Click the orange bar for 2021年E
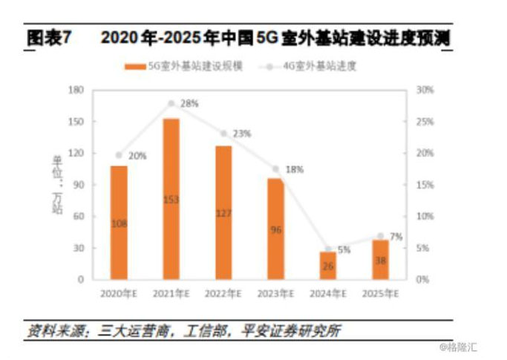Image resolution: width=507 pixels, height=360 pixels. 171,198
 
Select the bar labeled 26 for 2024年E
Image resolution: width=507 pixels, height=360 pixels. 327,265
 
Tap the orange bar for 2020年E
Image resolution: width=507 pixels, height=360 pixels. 119,222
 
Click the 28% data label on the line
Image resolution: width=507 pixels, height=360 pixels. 189,104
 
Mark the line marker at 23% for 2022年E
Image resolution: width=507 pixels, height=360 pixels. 223,134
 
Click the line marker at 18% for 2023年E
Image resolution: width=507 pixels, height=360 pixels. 275,169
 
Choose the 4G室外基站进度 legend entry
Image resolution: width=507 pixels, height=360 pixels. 312,66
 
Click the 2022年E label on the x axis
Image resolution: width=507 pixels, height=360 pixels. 223,293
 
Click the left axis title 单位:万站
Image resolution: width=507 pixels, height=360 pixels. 57,184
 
